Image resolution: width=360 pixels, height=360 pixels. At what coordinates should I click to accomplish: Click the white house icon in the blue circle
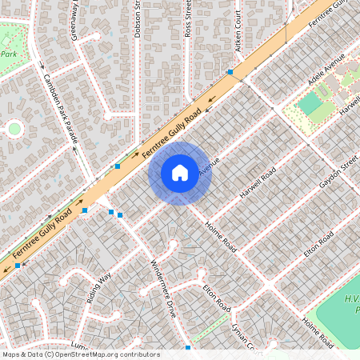click(x=180, y=172)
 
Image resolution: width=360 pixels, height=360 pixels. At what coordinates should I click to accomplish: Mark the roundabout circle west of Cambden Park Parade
click(x=14, y=127)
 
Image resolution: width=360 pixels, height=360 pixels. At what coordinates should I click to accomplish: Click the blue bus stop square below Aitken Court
click(x=230, y=72)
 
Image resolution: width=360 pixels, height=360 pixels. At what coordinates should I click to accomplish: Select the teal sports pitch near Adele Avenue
click(x=310, y=103)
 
